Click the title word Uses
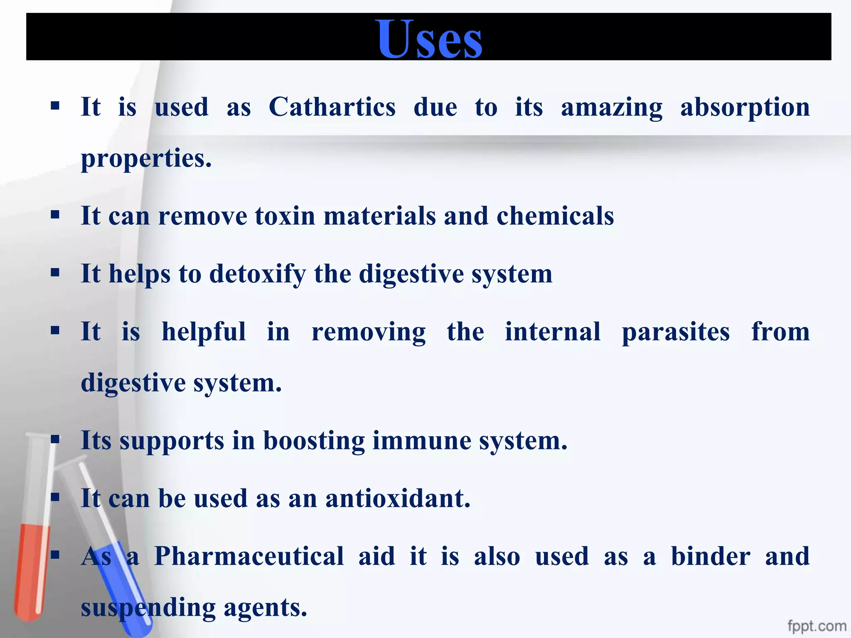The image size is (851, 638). (430, 39)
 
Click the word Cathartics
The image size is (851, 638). (332, 107)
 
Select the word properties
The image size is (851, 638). (146, 159)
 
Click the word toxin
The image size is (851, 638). (285, 216)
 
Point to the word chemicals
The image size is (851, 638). (555, 216)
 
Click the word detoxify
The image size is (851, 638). (257, 275)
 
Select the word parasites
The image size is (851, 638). (676, 333)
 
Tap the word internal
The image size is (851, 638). (553, 332)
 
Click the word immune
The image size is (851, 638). (422, 441)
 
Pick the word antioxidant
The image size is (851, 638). (398, 498)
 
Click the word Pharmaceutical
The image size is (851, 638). (249, 557)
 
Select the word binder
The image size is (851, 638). (711, 557)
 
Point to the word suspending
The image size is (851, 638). (148, 608)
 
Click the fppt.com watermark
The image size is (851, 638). (817, 626)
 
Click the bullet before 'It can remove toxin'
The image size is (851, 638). (55, 216)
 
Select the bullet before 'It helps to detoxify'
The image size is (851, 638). (55, 273)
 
